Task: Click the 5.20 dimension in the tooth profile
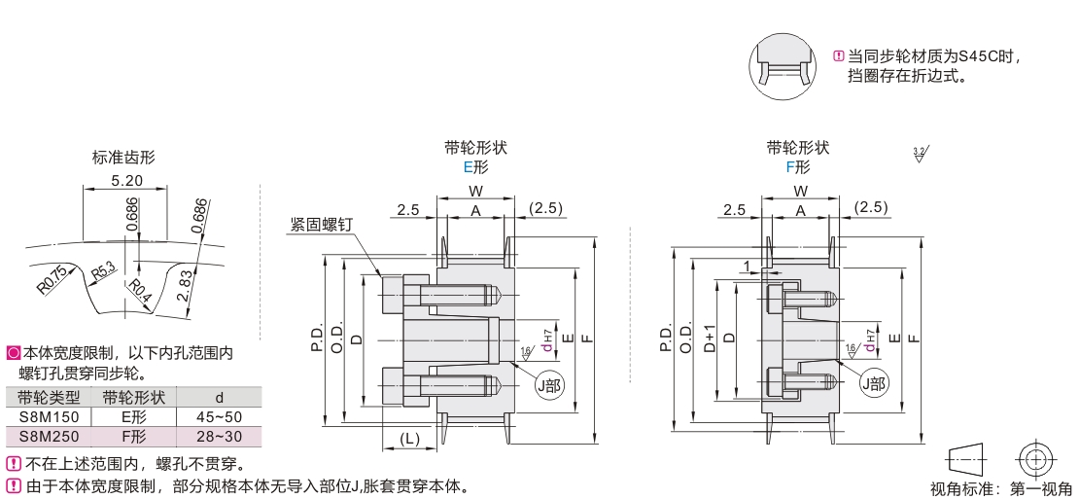127,181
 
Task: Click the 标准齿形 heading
123,158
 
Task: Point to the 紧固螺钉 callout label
321,224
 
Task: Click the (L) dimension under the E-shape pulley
409,439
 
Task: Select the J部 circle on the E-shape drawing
549,383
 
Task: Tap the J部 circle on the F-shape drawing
872,383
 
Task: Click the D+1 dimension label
710,338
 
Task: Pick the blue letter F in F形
790,166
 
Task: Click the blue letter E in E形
468,166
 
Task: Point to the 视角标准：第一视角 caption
1001,488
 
